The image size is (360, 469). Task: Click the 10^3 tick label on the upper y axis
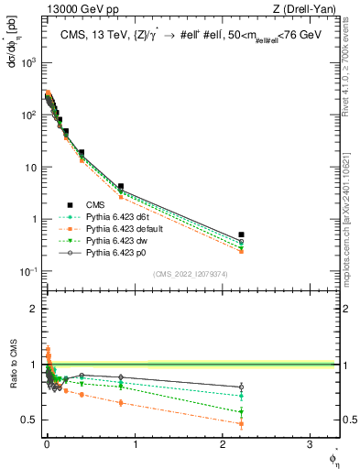[28, 63]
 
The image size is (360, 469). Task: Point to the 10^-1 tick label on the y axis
[28, 272]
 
